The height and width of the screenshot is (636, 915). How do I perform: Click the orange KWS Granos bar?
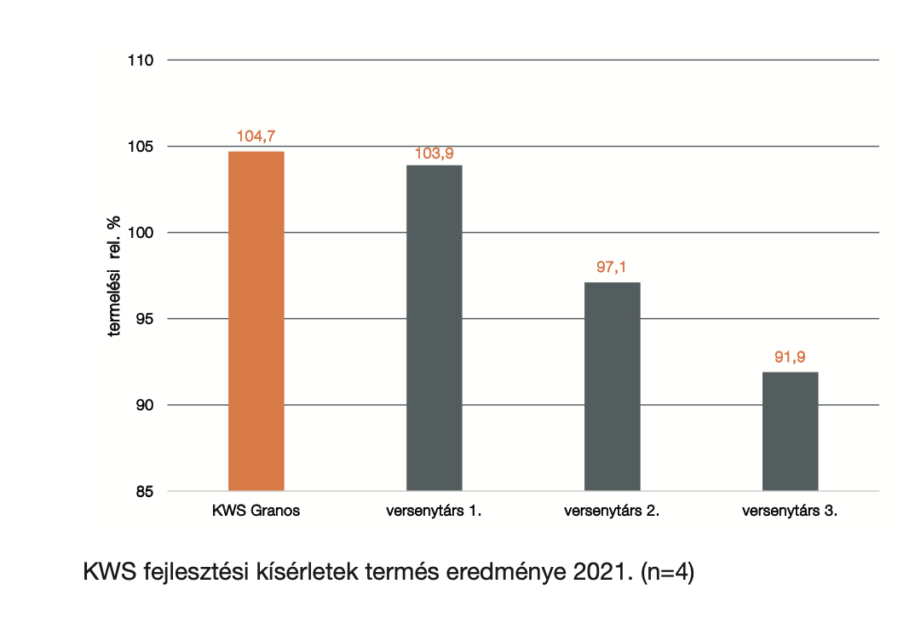(x=256, y=321)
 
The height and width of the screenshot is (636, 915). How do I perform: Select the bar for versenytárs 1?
(x=434, y=328)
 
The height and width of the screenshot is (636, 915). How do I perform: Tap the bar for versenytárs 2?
(x=613, y=386)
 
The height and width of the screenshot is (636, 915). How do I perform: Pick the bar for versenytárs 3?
(x=790, y=431)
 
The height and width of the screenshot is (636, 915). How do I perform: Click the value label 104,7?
(x=256, y=136)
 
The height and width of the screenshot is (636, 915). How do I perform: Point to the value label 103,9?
(x=434, y=153)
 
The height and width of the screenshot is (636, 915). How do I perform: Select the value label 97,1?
(x=612, y=268)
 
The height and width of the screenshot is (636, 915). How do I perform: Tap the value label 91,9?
(x=790, y=357)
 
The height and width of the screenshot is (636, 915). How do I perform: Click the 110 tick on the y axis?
(x=141, y=61)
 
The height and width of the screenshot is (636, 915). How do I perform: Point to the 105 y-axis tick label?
(x=141, y=147)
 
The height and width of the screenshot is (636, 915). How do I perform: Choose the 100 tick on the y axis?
(x=141, y=233)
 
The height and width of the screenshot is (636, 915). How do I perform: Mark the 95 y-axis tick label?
(x=145, y=319)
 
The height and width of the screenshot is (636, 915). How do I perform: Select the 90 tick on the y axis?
(x=145, y=405)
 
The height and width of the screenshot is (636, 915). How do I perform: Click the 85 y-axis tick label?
(x=145, y=492)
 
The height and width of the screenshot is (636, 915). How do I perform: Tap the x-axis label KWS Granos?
(x=256, y=511)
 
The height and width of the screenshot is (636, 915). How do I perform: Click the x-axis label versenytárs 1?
(x=434, y=511)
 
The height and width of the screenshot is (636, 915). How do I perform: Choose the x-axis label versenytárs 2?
(x=613, y=511)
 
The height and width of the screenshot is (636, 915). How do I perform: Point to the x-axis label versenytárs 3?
(x=790, y=511)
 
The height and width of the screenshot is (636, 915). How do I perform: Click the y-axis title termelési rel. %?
(x=114, y=275)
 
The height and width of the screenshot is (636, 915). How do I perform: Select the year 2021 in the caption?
(x=603, y=572)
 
